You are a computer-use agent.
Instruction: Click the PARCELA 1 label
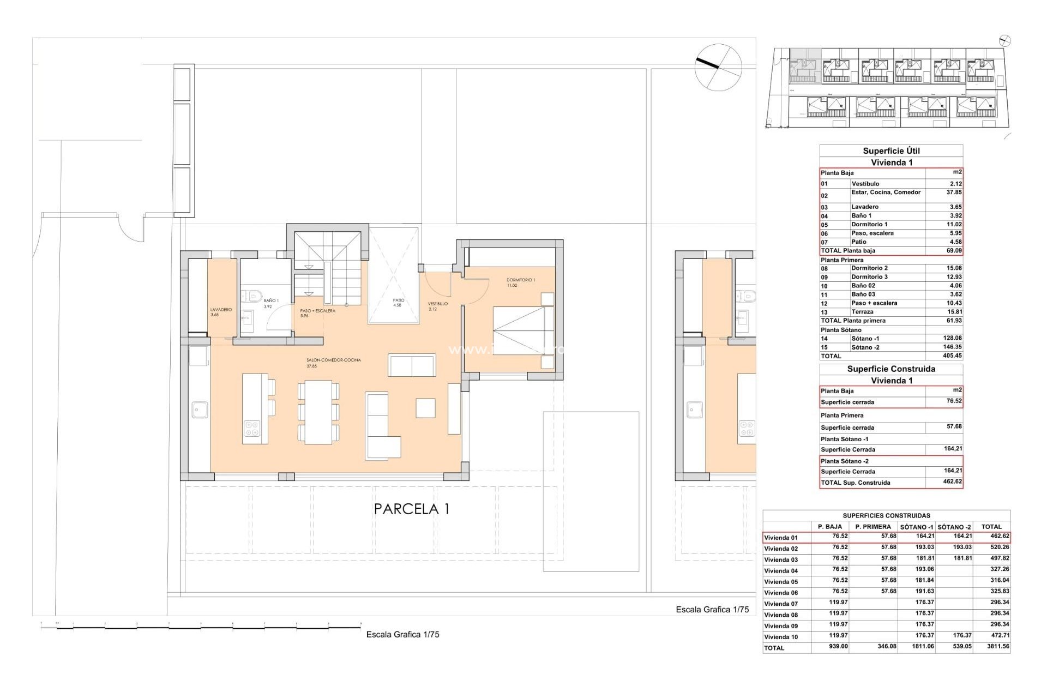click(x=412, y=509)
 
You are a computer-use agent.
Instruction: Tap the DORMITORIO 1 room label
click(x=520, y=280)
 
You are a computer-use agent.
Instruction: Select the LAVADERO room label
click(x=221, y=310)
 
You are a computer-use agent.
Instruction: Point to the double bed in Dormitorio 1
click(x=523, y=330)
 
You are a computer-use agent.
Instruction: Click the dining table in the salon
click(x=318, y=412)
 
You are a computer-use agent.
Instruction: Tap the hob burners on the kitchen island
click(x=251, y=428)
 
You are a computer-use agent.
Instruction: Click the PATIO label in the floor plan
click(x=399, y=300)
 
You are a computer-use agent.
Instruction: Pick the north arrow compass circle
click(x=718, y=67)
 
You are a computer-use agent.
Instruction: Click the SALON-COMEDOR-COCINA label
click(x=334, y=360)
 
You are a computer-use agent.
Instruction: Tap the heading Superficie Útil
click(x=891, y=151)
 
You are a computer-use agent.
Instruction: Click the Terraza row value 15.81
click(x=955, y=312)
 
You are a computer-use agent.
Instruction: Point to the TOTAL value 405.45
click(x=952, y=356)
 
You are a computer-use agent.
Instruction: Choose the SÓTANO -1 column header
click(x=916, y=527)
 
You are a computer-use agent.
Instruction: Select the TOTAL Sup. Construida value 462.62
click(x=953, y=482)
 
